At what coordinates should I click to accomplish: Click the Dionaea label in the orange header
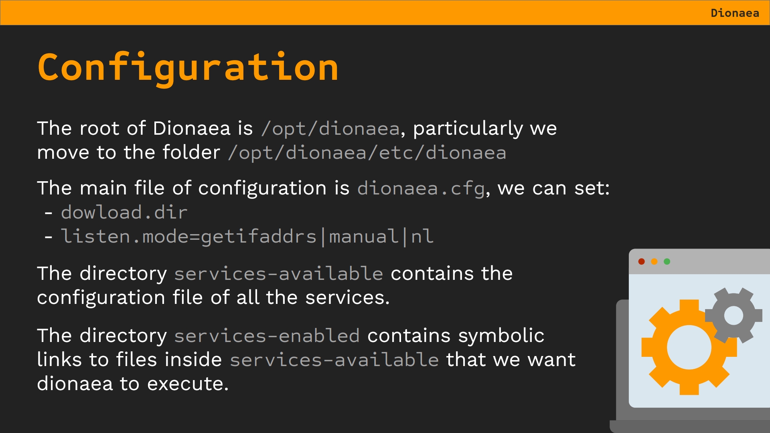(735, 13)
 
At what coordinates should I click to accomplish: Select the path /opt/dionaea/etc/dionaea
(367, 153)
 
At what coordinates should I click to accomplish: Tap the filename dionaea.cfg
(421, 188)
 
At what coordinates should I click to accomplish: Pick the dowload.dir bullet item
(124, 212)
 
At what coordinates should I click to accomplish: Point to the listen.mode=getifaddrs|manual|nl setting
(247, 236)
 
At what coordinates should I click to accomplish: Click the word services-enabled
(267, 336)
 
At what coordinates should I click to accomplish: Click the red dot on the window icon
(641, 261)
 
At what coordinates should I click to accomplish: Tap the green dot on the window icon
(667, 261)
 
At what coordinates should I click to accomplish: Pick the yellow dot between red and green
(654, 261)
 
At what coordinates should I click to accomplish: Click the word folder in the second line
(191, 153)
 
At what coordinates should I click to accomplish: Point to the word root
(99, 129)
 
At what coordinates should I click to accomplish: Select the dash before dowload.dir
(49, 213)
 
